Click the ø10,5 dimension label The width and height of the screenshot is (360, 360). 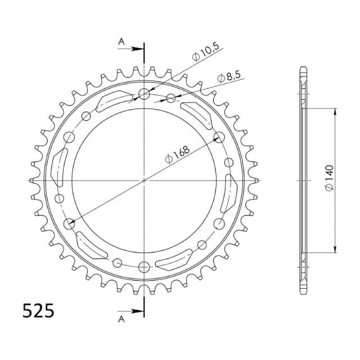[x=206, y=52]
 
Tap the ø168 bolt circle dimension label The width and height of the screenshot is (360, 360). [x=178, y=155]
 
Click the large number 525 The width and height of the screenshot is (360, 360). [x=38, y=310]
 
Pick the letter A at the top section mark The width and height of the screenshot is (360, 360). [x=121, y=42]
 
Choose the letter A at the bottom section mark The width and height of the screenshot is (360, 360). [x=121, y=319]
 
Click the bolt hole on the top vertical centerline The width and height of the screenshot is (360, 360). [x=144, y=94]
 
